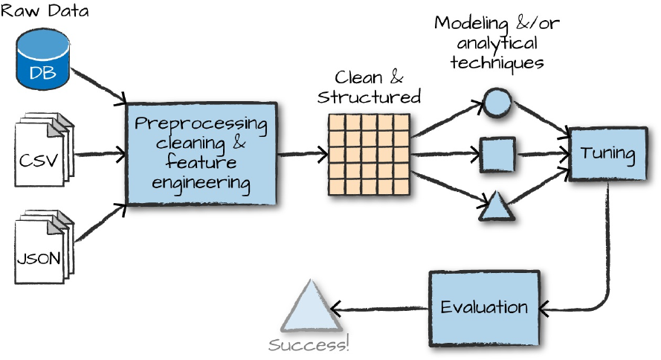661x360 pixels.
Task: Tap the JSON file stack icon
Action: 43,249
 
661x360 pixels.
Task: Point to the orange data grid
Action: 370,154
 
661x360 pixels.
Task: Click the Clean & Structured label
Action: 370,87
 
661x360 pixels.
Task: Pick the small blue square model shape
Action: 494,154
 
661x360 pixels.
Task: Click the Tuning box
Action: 607,155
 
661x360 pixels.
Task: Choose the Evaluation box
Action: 483,307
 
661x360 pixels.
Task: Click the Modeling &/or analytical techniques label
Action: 497,43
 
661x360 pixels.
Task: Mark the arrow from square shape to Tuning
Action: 541,155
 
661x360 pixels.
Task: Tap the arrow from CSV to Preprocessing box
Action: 98,155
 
